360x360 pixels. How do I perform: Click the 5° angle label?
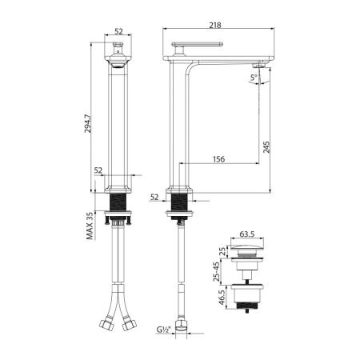(x=254, y=78)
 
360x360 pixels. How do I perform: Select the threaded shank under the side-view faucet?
(x=180, y=202)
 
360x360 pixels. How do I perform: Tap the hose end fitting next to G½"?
(x=183, y=329)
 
